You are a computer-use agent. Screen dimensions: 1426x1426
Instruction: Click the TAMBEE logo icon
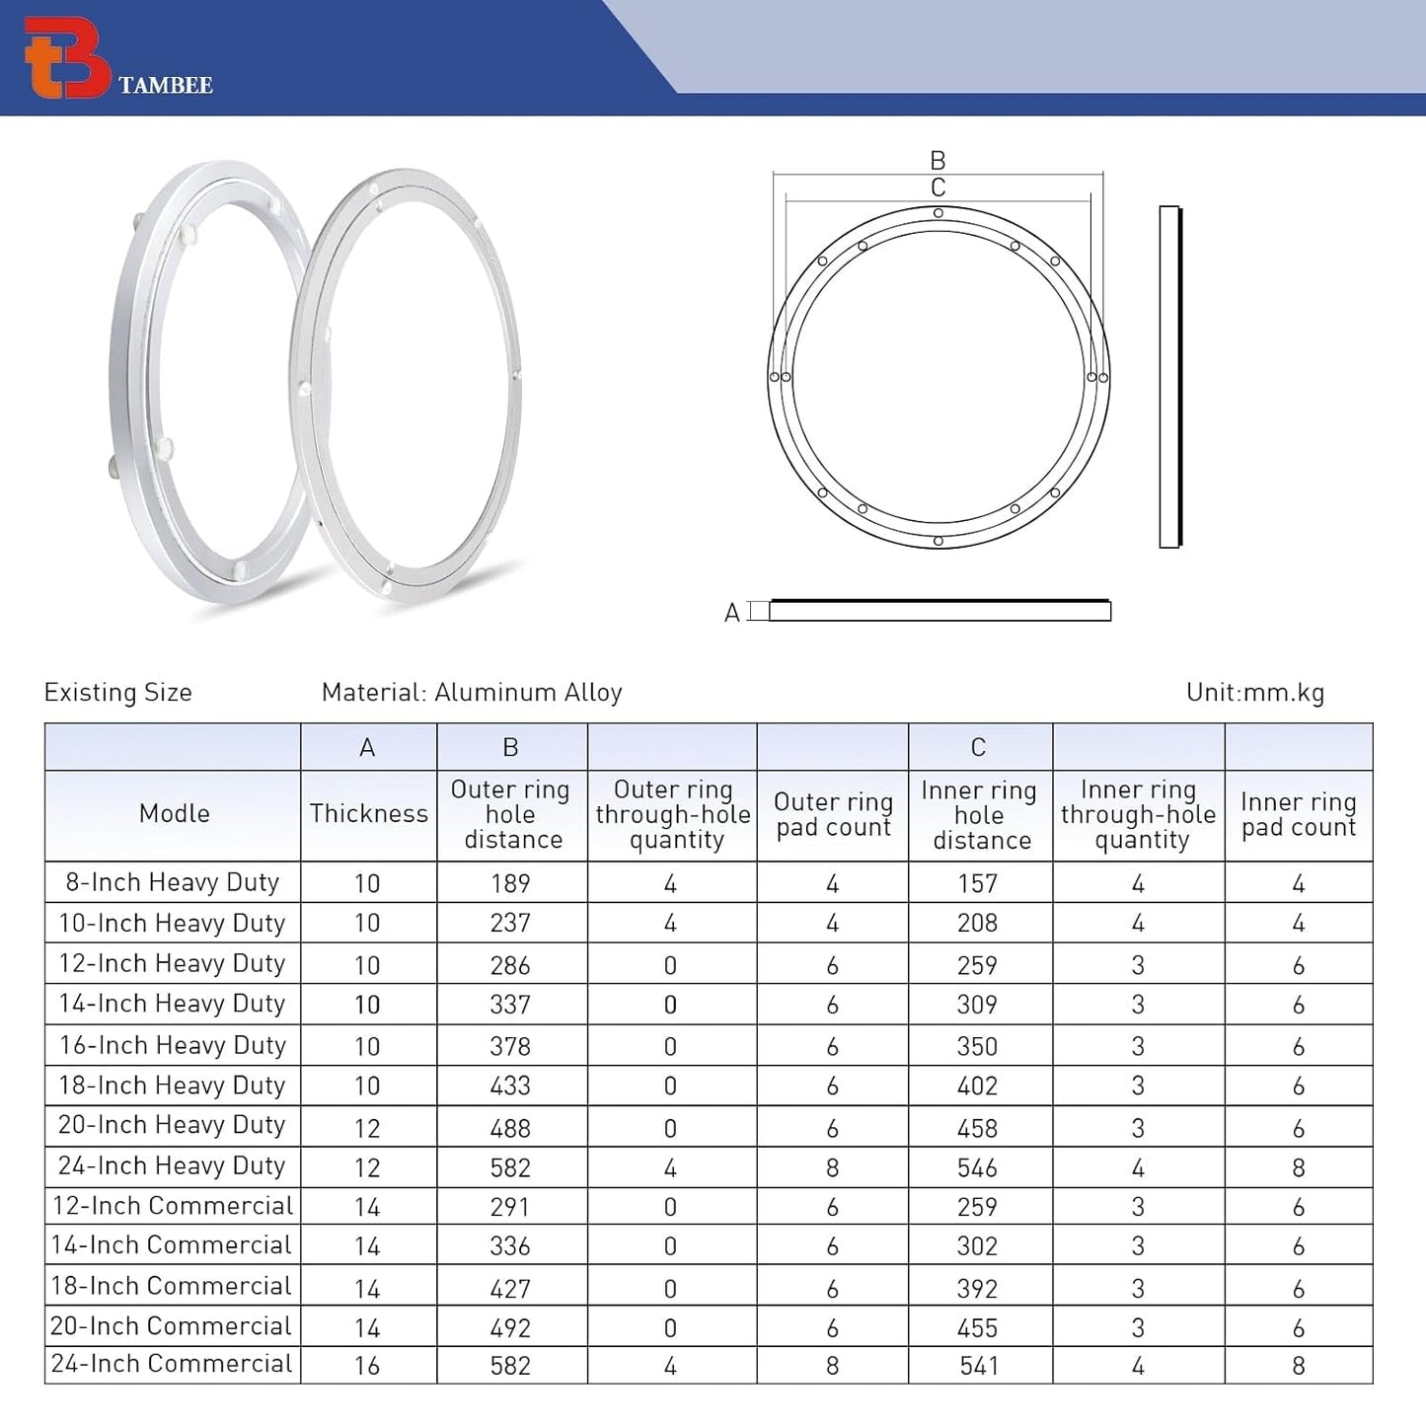click(66, 57)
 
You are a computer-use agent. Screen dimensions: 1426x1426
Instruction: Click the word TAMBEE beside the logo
click(165, 86)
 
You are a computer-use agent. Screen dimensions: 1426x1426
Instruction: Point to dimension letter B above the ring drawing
click(938, 160)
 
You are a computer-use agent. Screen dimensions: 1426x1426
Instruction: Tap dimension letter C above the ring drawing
click(938, 188)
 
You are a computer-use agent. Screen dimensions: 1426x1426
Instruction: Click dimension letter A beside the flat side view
click(731, 613)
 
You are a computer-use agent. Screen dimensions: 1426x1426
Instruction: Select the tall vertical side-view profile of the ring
click(1170, 377)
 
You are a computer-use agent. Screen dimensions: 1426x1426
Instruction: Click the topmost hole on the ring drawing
click(938, 213)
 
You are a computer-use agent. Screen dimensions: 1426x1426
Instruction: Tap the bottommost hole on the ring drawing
click(938, 541)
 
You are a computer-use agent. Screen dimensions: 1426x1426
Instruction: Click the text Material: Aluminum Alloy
click(472, 693)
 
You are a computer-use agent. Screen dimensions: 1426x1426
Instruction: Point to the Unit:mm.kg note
click(1254, 693)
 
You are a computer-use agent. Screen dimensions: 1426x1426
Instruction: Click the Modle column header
click(174, 814)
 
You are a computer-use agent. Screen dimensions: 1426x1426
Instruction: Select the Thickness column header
click(368, 814)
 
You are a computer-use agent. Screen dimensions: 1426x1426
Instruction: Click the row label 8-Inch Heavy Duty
click(173, 882)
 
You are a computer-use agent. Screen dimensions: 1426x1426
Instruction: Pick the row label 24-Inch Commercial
click(172, 1364)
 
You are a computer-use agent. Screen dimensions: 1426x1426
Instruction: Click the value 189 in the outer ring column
click(510, 883)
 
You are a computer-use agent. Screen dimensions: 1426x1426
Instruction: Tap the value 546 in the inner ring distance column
click(977, 1168)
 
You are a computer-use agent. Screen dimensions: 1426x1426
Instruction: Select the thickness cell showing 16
click(367, 1366)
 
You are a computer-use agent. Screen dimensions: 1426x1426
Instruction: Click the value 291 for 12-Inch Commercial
click(510, 1207)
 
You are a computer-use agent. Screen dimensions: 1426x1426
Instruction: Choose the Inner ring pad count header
click(1299, 815)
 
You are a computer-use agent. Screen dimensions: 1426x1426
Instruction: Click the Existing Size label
click(118, 693)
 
